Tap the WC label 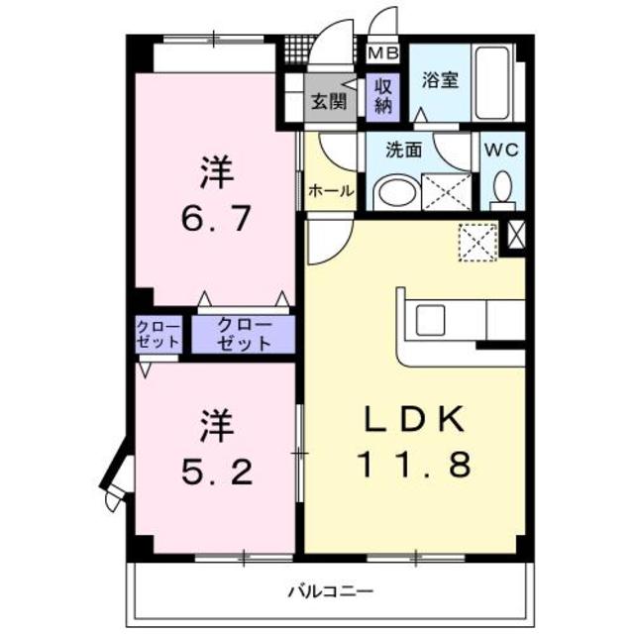pos(502,152)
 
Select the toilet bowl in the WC pos(502,186)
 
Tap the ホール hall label pos(330,191)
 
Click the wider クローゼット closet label pos(244,335)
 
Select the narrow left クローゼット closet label pos(158,335)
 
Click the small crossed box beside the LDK pos(515,235)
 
